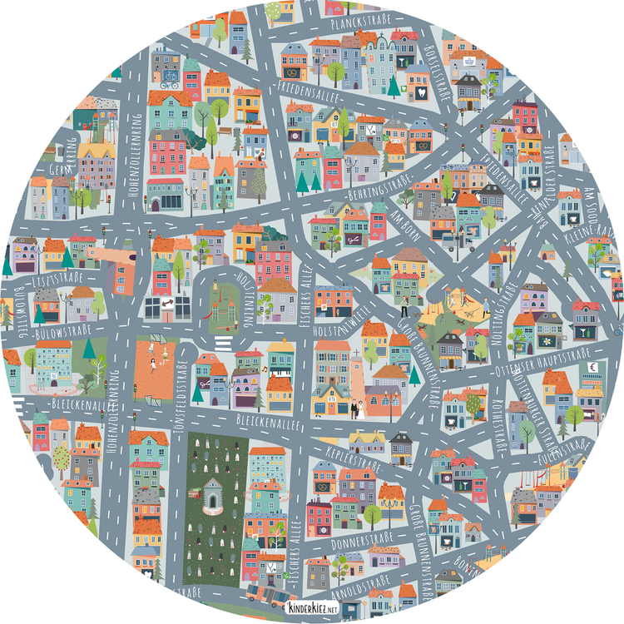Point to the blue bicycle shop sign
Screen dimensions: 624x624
coord(170,83)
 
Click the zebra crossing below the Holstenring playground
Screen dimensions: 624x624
coord(222,343)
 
